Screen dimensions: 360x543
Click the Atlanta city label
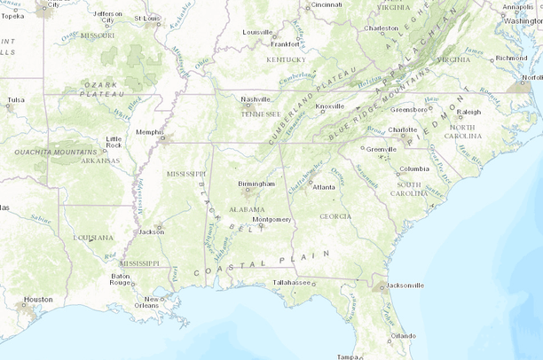[323, 187]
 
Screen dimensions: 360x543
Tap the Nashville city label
[255, 99]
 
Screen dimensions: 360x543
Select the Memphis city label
[148, 131]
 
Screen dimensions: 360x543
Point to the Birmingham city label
[256, 184]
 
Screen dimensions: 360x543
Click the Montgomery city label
[271, 219]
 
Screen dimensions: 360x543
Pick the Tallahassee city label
[293, 282]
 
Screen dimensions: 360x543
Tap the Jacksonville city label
[405, 286]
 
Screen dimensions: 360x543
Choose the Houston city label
[38, 300]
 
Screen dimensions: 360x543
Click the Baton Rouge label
[121, 279]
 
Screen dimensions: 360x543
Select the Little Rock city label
[114, 142]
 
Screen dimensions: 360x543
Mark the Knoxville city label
[330, 106]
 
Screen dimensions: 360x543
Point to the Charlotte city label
[402, 129]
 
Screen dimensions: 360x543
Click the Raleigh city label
[468, 112]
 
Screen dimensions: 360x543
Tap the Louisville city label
[258, 32]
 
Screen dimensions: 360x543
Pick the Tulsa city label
[15, 100]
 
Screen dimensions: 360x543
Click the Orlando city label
[403, 336]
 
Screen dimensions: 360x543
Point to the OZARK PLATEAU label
[100, 85]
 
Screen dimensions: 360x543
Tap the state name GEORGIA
[335, 216]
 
